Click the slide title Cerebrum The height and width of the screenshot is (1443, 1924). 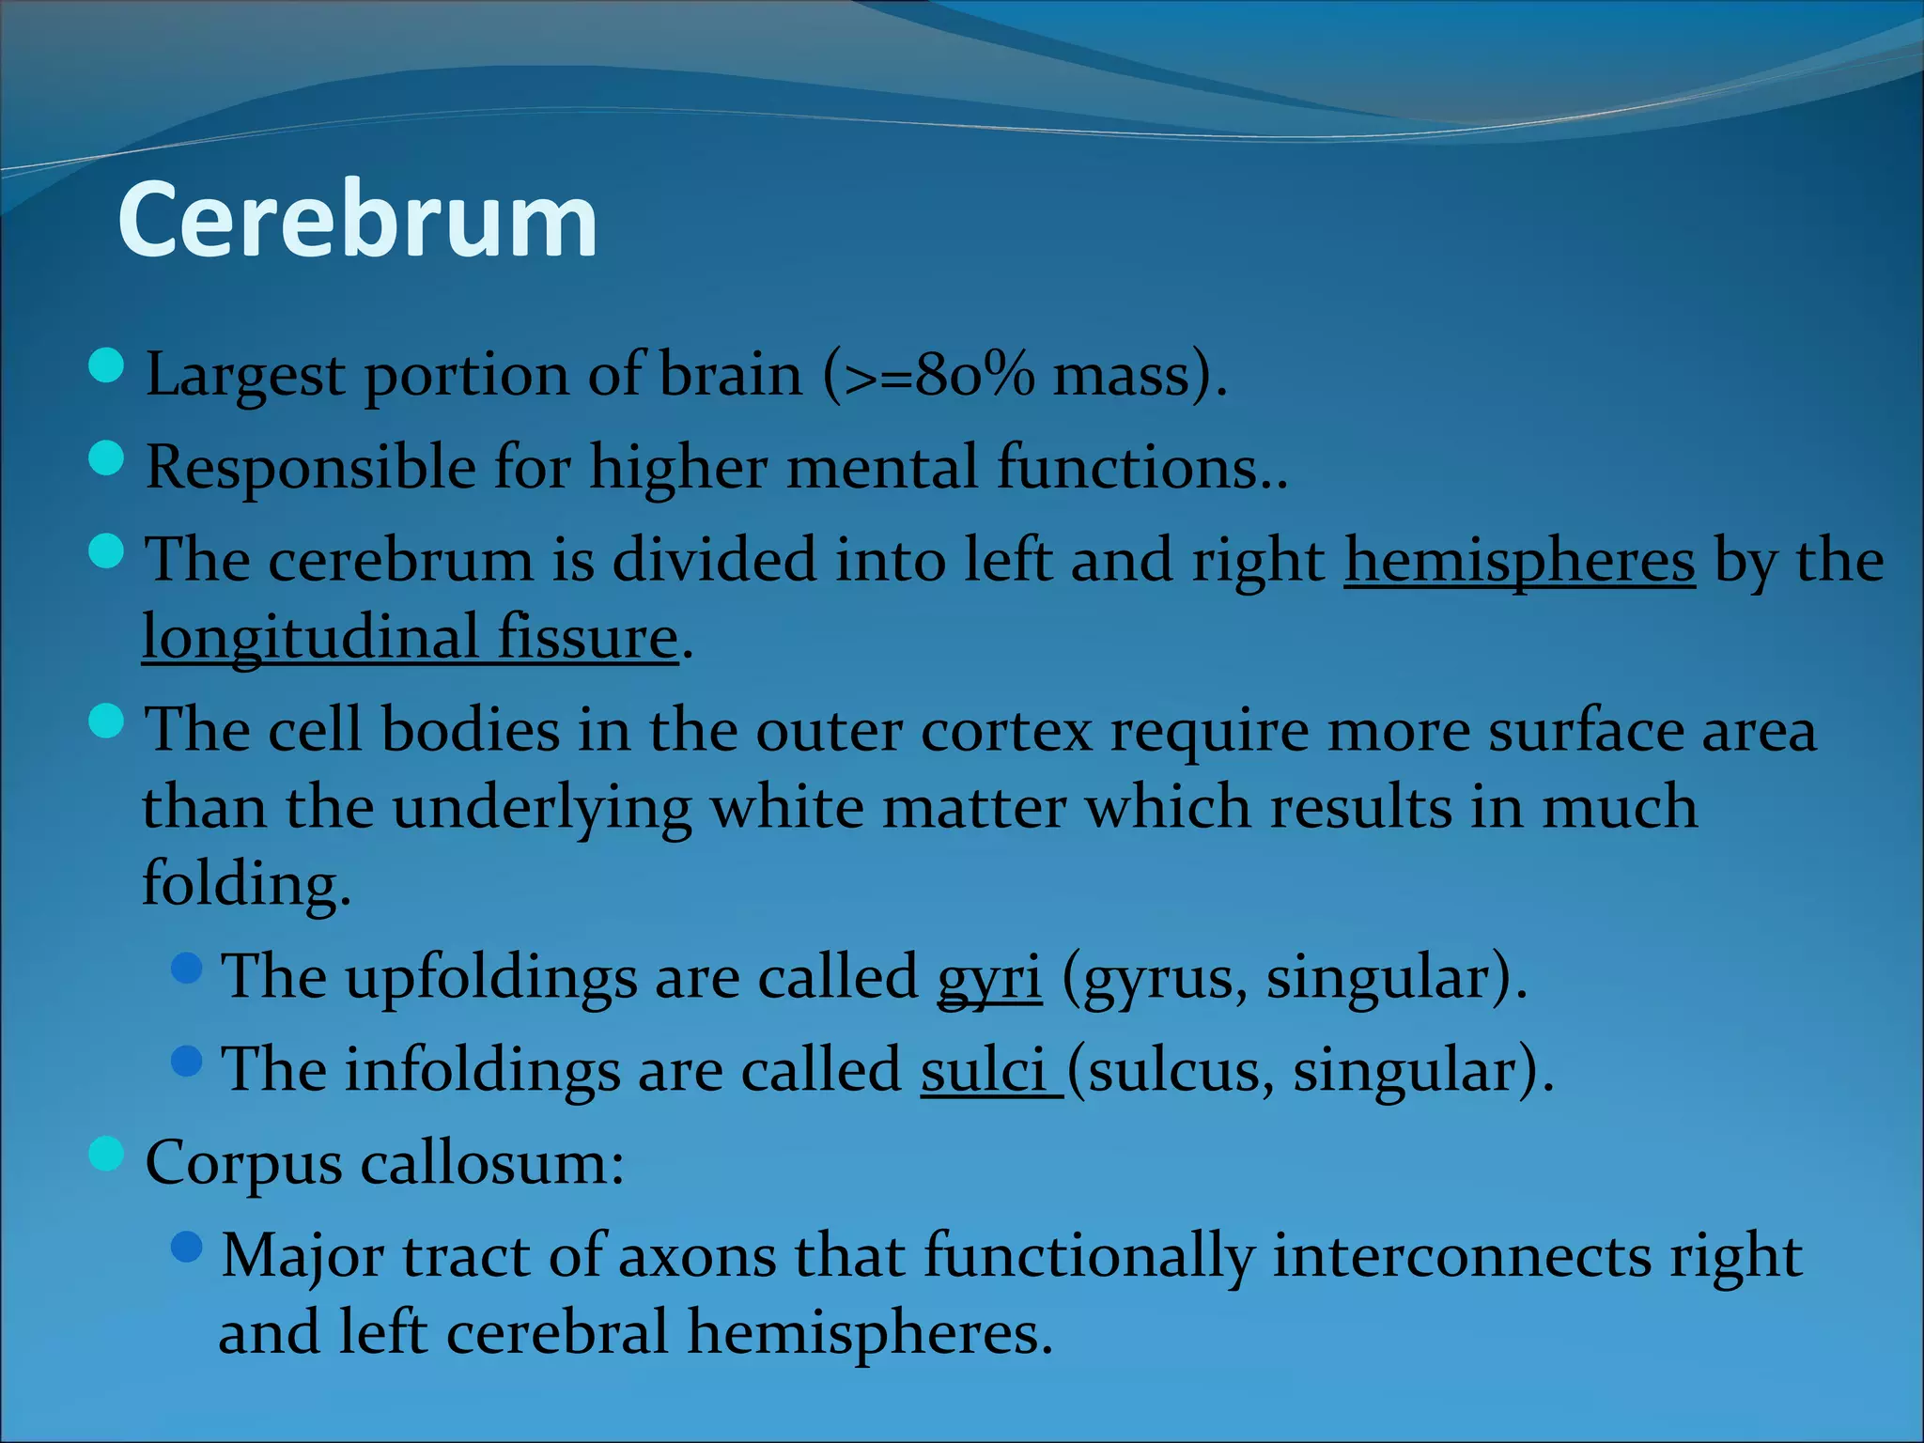pos(357,220)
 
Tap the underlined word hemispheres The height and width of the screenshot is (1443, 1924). pos(1519,561)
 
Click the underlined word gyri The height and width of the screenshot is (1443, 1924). pos(989,977)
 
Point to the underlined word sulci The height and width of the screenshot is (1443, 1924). pos(983,1070)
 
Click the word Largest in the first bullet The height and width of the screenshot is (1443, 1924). pos(245,376)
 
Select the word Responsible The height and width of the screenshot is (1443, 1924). pos(311,468)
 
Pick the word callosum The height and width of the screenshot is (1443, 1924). pos(491,1163)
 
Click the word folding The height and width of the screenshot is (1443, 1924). pos(246,884)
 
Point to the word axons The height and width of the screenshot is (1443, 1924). pos(697,1256)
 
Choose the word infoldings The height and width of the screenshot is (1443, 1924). pos(481,1070)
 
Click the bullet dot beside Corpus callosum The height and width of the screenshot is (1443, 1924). pos(106,1154)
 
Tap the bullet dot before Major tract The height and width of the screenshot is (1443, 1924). pos(188,1247)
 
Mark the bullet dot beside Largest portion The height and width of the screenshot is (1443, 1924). pos(106,365)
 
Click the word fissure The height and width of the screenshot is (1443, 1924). pos(587,638)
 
